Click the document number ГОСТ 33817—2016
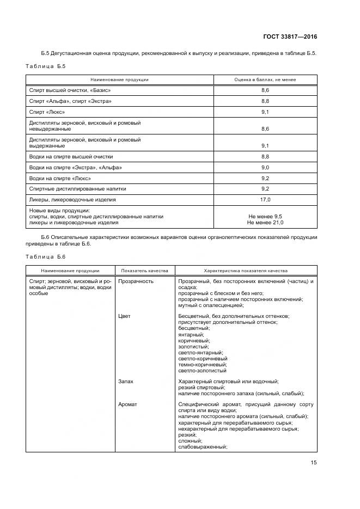291,36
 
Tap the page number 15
314,462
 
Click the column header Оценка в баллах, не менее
265,79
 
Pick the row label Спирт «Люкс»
46,112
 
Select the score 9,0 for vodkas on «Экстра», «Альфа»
265,167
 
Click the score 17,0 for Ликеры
265,200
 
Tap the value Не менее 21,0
265,222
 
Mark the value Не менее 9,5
265,216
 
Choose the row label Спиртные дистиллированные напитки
77,189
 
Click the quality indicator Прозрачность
136,281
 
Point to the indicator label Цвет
124,316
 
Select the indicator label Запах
126,382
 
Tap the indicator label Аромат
127,404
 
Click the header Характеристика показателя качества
245,270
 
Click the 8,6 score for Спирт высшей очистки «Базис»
265,90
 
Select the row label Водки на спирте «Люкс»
60,178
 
